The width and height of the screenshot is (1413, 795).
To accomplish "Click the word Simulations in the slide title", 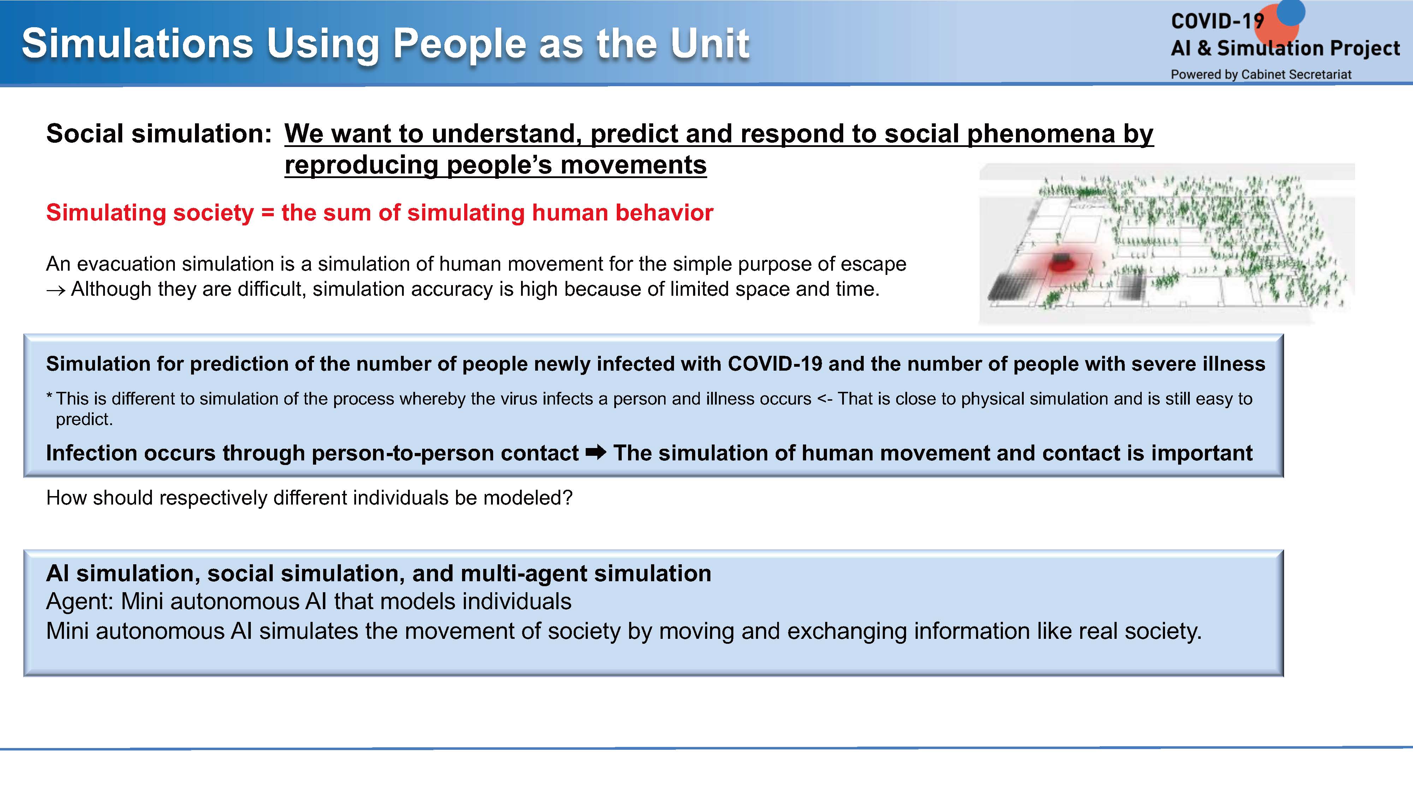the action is click(137, 43).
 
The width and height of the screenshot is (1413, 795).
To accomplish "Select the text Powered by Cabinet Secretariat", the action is click(1261, 74).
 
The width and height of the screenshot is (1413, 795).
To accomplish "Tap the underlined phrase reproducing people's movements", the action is click(495, 165).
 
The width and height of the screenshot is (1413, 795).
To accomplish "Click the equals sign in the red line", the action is click(268, 213).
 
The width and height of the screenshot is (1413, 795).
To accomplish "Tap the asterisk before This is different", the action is click(49, 394).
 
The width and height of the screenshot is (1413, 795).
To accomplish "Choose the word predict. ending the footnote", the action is click(84, 420).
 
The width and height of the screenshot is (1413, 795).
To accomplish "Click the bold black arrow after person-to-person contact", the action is click(596, 453).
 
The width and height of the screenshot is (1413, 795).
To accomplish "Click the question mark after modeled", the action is click(567, 497).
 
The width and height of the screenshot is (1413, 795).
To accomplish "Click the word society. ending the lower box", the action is click(1163, 631).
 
